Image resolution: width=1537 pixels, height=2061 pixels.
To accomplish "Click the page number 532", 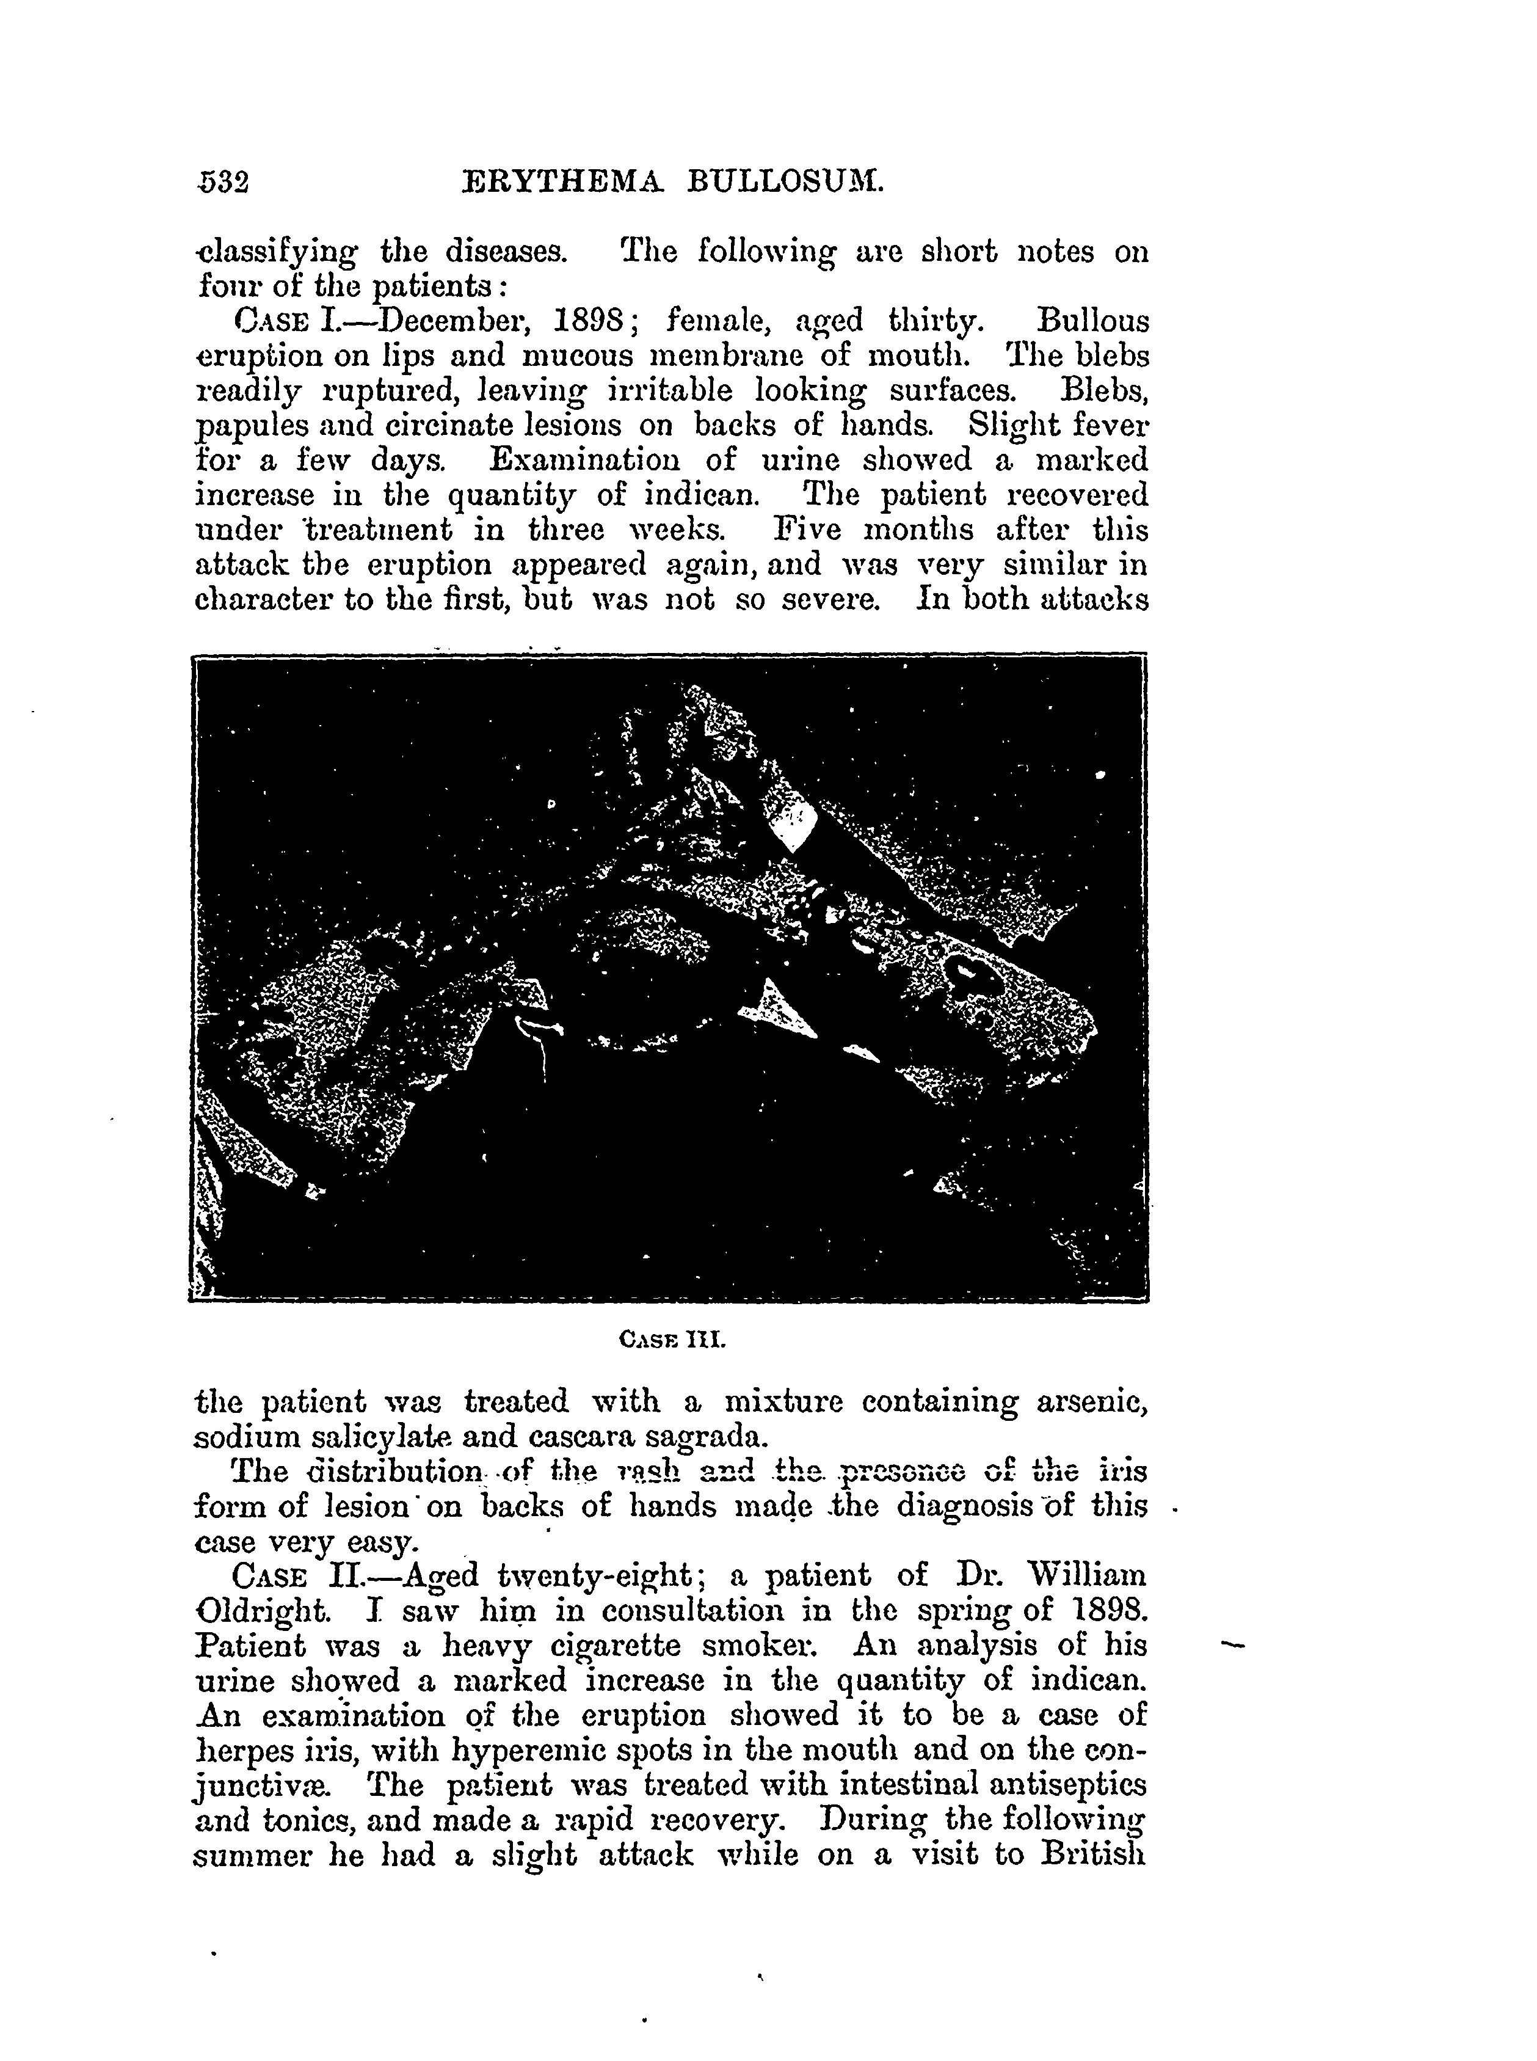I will [x=223, y=181].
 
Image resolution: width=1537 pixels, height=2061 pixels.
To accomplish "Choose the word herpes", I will [x=245, y=1750].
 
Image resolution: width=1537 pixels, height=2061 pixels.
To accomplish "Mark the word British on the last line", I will [x=1091, y=1855].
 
